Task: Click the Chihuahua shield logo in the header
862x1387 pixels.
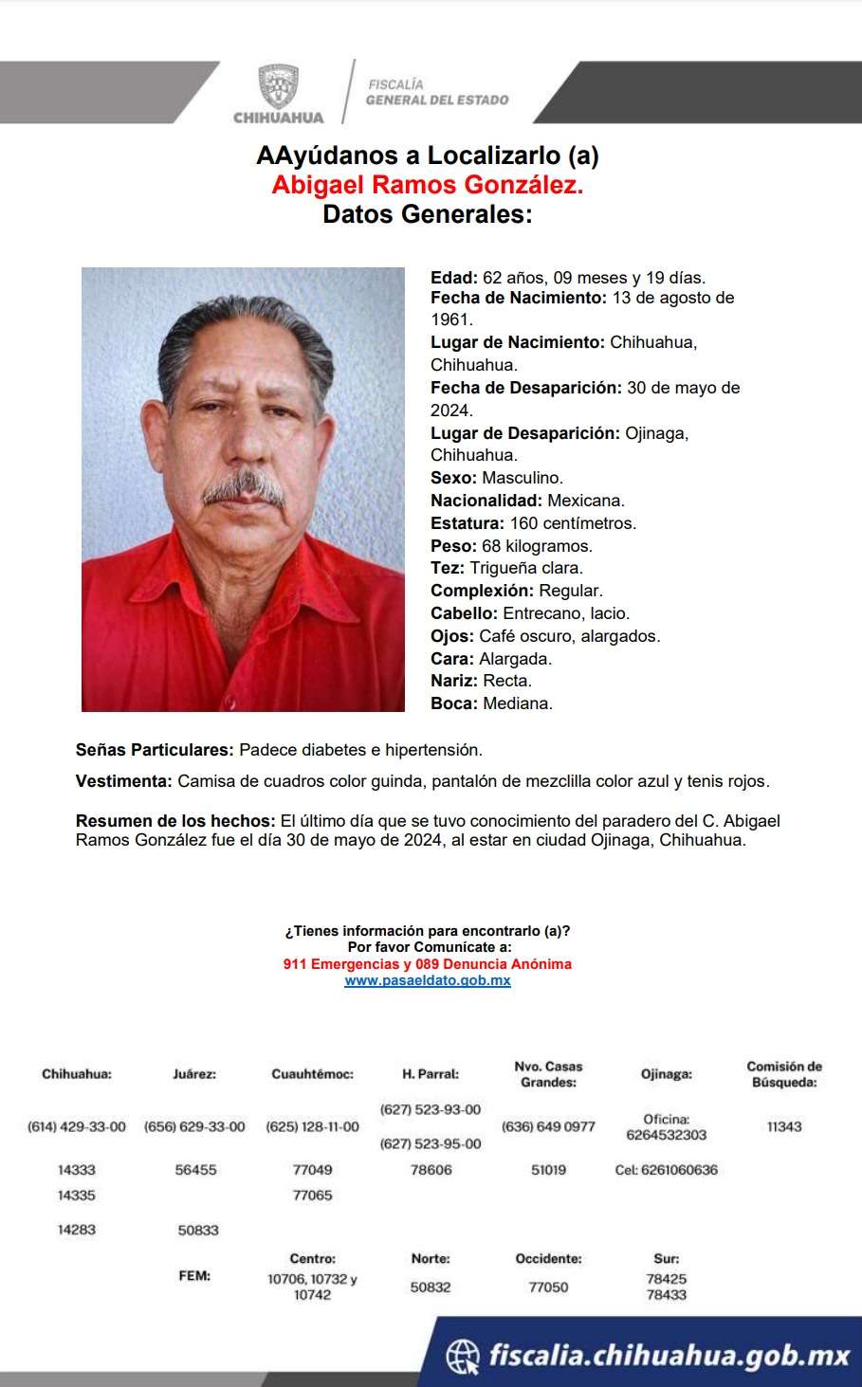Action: point(278,87)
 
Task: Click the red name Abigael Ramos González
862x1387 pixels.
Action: point(427,185)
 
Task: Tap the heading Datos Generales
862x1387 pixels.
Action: point(427,214)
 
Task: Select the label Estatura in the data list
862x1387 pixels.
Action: point(467,523)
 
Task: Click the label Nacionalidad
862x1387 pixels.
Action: point(486,501)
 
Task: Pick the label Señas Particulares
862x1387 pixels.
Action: point(155,750)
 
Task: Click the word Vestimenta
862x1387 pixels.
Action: point(123,782)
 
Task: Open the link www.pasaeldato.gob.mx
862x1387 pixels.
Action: point(427,980)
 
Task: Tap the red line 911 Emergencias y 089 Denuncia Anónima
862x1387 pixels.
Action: point(427,964)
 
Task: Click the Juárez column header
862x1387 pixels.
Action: point(194,1074)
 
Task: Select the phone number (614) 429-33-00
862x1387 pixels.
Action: point(77,1126)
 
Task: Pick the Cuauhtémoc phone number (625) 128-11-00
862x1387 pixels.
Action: point(312,1126)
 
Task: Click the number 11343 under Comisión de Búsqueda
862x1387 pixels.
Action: point(784,1126)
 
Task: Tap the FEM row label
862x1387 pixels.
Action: point(194,1276)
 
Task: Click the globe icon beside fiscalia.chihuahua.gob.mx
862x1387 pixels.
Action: point(463,1356)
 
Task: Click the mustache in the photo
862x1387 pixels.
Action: point(245,486)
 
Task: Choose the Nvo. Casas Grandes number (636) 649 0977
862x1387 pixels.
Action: point(548,1126)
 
